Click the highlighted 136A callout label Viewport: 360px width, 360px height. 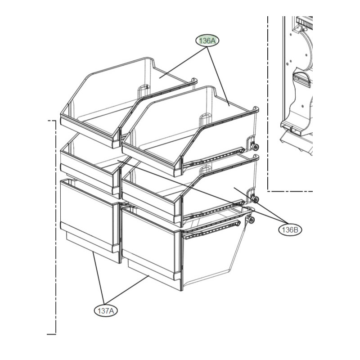point(207,41)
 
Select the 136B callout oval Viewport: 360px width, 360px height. point(290,229)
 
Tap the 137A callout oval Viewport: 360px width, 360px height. point(106,311)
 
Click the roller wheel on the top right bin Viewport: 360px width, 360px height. point(254,148)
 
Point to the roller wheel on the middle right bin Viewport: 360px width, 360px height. point(255,199)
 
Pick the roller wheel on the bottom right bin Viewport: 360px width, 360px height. point(252,220)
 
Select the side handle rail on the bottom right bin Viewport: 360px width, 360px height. point(211,229)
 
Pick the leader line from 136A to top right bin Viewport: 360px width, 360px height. point(218,76)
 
